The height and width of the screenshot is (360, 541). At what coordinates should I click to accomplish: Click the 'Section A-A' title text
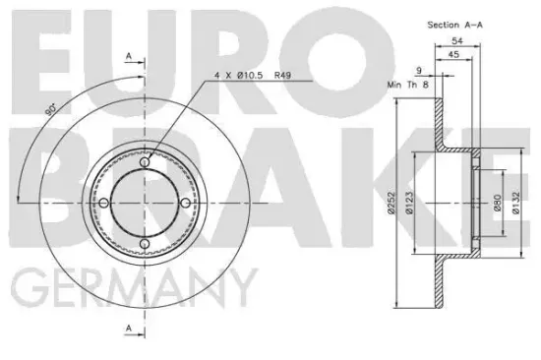click(x=454, y=25)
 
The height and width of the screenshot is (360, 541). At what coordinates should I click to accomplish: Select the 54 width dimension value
click(x=457, y=40)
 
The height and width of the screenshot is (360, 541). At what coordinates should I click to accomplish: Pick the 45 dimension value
click(x=453, y=54)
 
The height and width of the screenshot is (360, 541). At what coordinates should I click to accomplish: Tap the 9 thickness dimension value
click(x=418, y=71)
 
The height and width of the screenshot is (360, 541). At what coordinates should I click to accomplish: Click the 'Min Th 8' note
click(x=408, y=85)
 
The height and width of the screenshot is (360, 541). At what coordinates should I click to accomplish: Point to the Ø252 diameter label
click(x=391, y=203)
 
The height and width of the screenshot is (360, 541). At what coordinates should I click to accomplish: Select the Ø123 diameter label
click(x=409, y=203)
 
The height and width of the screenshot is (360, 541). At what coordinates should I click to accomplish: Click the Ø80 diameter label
click(x=497, y=203)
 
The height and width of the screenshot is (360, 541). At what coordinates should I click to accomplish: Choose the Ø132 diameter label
click(x=515, y=203)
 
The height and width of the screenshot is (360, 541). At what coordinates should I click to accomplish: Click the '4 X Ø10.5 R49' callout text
click(x=253, y=75)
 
